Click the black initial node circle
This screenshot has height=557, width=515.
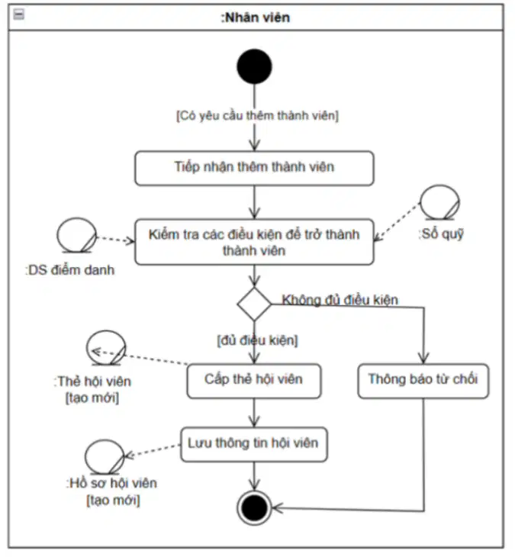click(x=254, y=66)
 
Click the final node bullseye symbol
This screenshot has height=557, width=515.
click(x=254, y=507)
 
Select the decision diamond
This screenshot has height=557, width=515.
click(x=254, y=304)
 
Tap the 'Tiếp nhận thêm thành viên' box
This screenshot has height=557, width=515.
click(x=254, y=168)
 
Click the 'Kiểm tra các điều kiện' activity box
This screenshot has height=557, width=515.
click(x=254, y=243)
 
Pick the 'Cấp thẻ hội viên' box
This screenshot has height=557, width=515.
click(x=254, y=381)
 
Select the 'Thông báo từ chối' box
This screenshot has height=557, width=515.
click(x=423, y=381)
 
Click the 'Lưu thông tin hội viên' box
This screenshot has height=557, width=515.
click(x=254, y=444)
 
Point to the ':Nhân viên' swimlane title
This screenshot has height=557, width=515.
click(x=256, y=18)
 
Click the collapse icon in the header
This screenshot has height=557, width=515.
click(x=19, y=14)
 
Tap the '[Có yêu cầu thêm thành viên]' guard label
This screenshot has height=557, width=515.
click(x=258, y=116)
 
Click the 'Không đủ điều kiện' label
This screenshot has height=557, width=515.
click(x=340, y=300)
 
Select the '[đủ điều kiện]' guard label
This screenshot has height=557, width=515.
click(x=258, y=340)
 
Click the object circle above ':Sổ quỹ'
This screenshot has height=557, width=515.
click(x=439, y=202)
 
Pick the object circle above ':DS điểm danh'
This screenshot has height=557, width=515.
click(x=77, y=235)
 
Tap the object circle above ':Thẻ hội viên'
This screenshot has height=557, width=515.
click(x=106, y=348)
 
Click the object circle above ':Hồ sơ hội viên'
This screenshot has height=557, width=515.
click(x=105, y=457)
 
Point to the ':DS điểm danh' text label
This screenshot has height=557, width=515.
click(x=70, y=270)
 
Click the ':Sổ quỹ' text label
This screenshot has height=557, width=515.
click(x=441, y=233)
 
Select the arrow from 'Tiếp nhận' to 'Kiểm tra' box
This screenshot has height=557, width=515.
click(x=254, y=202)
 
